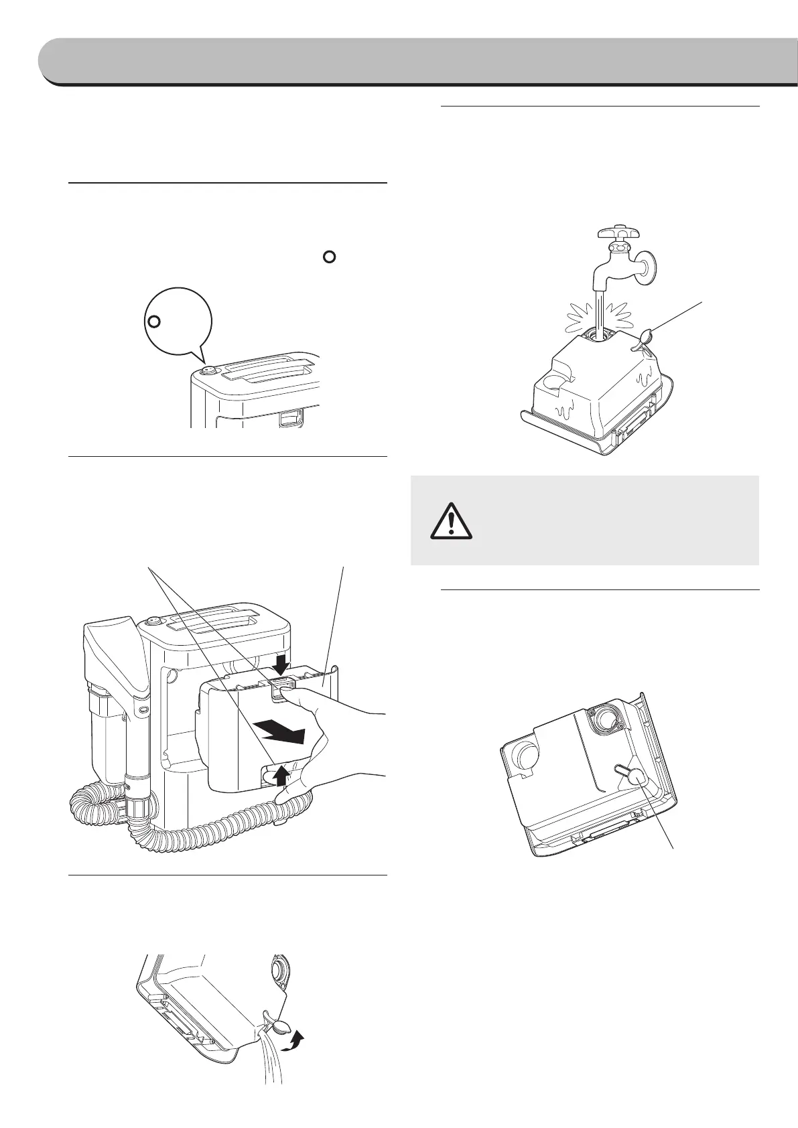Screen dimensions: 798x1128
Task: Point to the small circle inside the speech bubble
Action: point(153,322)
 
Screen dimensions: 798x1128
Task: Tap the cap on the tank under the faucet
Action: point(645,337)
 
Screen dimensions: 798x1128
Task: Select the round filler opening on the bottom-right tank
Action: point(605,719)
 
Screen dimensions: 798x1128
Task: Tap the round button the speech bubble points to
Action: point(208,370)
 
